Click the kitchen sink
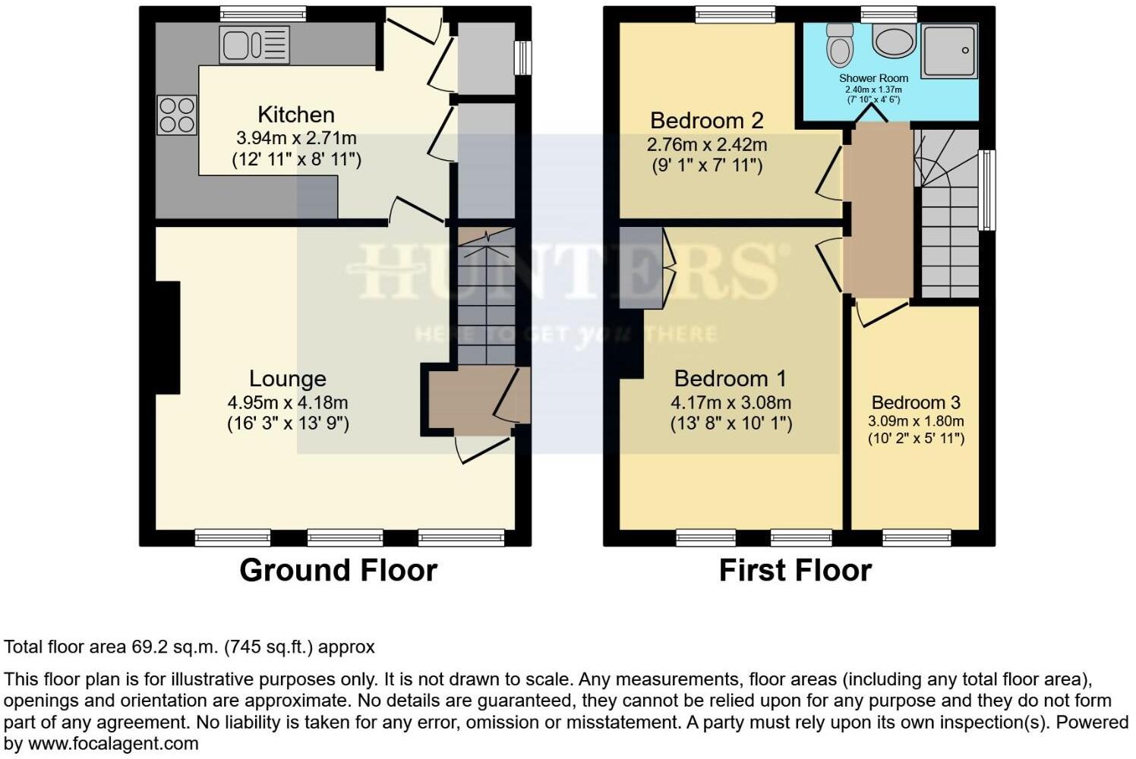254,44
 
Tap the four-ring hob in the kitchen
176,115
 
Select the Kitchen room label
296,115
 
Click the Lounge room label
288,379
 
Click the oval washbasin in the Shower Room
894,40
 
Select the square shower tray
948,50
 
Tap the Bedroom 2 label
706,121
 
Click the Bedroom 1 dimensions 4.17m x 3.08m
731,403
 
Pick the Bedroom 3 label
916,403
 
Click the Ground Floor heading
338,571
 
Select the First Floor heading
795,571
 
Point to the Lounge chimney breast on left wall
167,338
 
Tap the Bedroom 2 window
735,14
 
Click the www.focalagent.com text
113,744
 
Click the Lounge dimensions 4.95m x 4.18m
288,403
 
